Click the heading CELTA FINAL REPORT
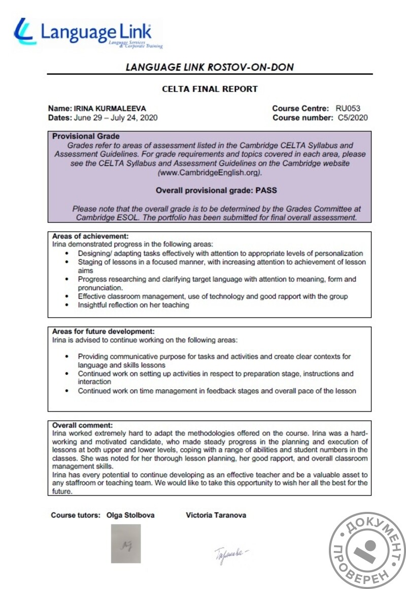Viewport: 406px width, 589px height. coord(210,89)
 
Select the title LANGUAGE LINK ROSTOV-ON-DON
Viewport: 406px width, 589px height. coord(210,67)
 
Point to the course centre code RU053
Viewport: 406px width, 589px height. coord(348,109)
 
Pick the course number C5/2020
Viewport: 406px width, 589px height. coord(353,118)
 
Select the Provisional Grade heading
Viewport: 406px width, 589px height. coord(86,136)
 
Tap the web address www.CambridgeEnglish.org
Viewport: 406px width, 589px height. coord(209,172)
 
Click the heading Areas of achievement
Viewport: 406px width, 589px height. coord(90,236)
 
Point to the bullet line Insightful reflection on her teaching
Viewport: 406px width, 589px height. coord(133,305)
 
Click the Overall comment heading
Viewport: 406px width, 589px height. coord(83,425)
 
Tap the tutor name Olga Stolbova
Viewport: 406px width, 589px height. coord(130,515)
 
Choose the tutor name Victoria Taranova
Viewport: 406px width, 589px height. coord(216,515)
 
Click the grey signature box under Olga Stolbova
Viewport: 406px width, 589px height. coord(126,543)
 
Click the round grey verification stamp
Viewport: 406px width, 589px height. coord(368,550)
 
